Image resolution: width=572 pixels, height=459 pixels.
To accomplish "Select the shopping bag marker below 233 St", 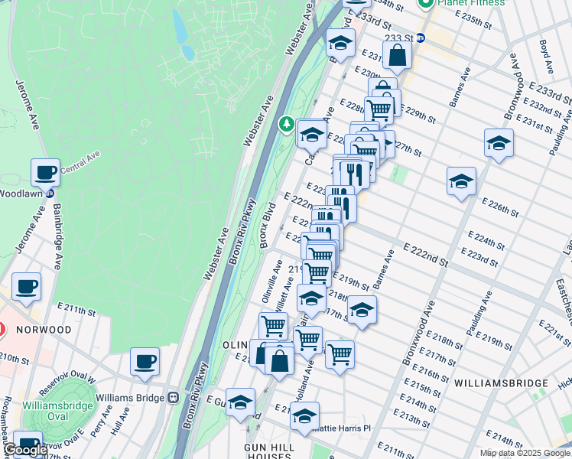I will tap(397, 55).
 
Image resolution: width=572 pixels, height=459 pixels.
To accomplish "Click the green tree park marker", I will tap(287, 122).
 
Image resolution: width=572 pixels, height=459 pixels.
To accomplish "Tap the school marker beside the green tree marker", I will tap(311, 135).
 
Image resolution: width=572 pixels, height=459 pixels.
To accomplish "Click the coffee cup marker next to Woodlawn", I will tap(46, 171).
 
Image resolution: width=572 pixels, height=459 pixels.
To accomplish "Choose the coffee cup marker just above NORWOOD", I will tap(27, 287).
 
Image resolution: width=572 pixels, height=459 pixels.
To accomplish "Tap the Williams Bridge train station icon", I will tap(174, 398).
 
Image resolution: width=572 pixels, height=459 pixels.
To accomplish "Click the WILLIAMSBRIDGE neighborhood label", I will tap(500, 382).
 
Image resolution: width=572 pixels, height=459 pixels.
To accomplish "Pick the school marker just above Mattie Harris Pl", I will tap(304, 417).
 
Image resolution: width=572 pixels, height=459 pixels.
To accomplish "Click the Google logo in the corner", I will tap(24, 450).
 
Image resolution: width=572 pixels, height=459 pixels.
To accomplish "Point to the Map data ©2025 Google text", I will tap(524, 453).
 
